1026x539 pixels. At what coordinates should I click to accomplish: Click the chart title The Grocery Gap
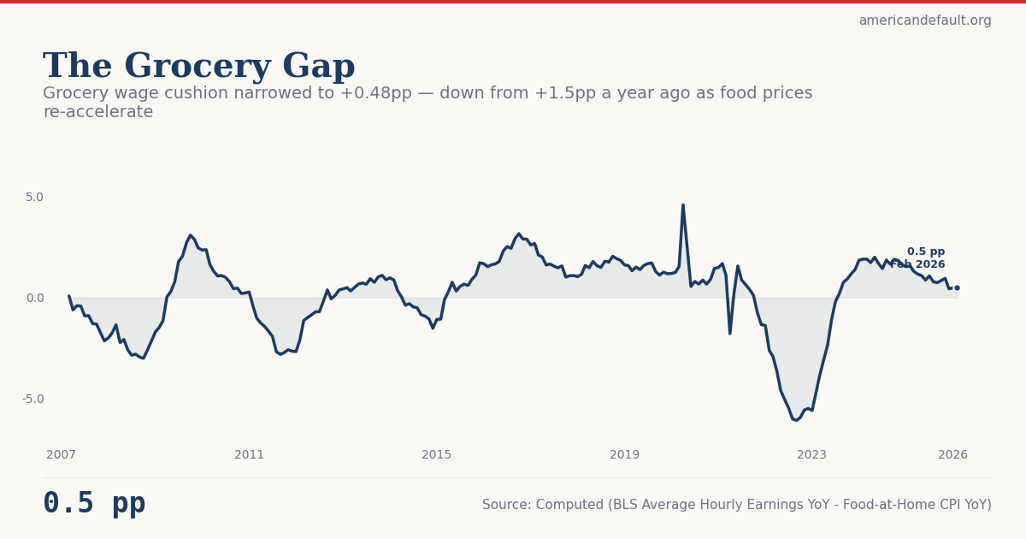(198, 67)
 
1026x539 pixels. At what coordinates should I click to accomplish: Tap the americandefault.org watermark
(924, 21)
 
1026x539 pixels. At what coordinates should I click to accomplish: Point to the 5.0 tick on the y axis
(34, 197)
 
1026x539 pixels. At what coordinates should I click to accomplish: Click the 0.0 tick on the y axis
(34, 298)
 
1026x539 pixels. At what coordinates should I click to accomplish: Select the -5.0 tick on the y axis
(32, 399)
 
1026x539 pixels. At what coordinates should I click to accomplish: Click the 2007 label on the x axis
(61, 455)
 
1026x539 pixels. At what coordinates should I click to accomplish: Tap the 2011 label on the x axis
(249, 455)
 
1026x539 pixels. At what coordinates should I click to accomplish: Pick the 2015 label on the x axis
(436, 455)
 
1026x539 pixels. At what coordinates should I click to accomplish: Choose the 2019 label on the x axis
(624, 455)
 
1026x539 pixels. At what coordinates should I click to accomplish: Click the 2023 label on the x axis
(811, 455)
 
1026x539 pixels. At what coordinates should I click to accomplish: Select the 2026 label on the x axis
(952, 455)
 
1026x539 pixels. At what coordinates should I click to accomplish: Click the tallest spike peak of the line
(683, 205)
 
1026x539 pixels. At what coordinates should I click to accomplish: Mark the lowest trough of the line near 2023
(796, 420)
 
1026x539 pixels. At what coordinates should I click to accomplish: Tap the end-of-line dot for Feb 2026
(957, 287)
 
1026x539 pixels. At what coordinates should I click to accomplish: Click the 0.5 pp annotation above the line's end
(926, 252)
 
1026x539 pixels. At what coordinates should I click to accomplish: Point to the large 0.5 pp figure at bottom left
(94, 504)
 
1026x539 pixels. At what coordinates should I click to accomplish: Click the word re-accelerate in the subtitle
(97, 112)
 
